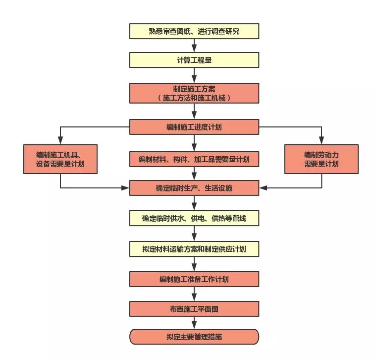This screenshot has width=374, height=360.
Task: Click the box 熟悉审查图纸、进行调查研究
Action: point(194,31)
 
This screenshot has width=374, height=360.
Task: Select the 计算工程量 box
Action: point(194,60)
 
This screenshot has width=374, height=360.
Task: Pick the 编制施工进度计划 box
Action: point(194,126)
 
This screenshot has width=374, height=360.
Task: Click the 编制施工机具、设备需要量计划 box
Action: point(60,159)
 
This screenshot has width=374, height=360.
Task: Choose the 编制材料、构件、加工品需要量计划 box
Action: point(194,159)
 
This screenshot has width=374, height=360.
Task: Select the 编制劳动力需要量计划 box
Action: point(321,159)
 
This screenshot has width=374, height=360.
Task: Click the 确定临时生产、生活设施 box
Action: point(194,188)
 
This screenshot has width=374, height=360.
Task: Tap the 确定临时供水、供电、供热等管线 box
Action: point(194,218)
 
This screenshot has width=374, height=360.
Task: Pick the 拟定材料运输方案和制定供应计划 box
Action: point(194,248)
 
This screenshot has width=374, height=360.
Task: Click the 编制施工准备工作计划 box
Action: point(194,279)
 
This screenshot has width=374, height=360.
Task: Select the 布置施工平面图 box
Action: point(194,308)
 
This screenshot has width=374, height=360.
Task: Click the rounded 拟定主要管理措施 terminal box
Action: point(194,337)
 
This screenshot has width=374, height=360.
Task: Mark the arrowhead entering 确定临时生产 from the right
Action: point(263,188)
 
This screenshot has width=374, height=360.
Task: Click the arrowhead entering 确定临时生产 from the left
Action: point(126,188)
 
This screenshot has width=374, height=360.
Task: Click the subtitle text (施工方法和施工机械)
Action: point(194,98)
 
